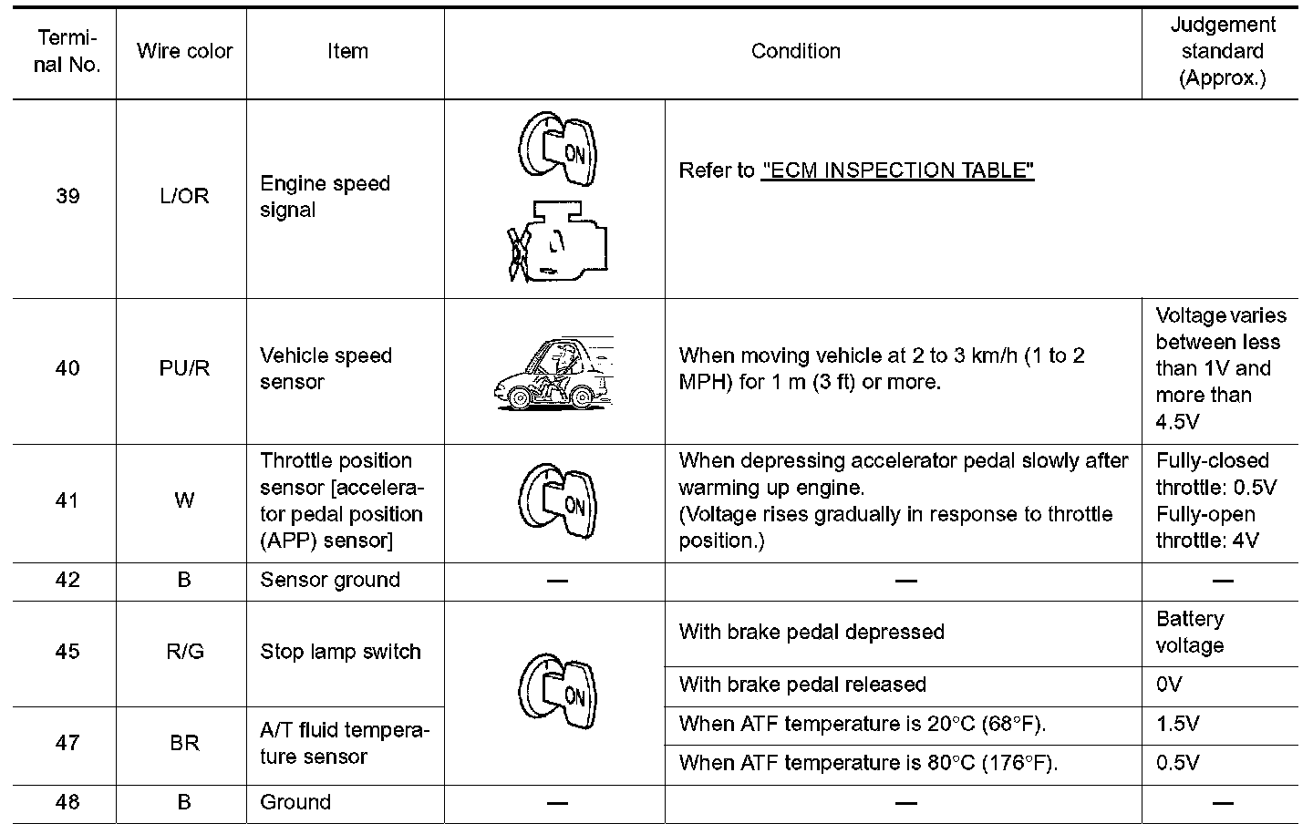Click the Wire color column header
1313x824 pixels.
[184, 52]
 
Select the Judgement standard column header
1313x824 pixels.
[1222, 52]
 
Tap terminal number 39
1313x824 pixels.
[67, 197]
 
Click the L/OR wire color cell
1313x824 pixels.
[184, 197]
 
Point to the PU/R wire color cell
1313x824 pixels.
[184, 369]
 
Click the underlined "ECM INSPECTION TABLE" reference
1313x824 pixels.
[897, 171]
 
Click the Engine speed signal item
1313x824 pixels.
[325, 197]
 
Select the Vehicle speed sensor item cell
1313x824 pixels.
[326, 369]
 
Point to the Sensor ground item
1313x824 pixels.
[330, 581]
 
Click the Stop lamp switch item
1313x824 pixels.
[340, 653]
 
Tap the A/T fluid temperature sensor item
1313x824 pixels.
[344, 744]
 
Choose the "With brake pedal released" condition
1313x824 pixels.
[802, 685]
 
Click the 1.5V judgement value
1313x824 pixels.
[1177, 725]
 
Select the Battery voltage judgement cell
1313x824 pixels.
[1190, 633]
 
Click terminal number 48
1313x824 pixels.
[67, 803]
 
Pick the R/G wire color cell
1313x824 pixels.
[184, 653]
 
